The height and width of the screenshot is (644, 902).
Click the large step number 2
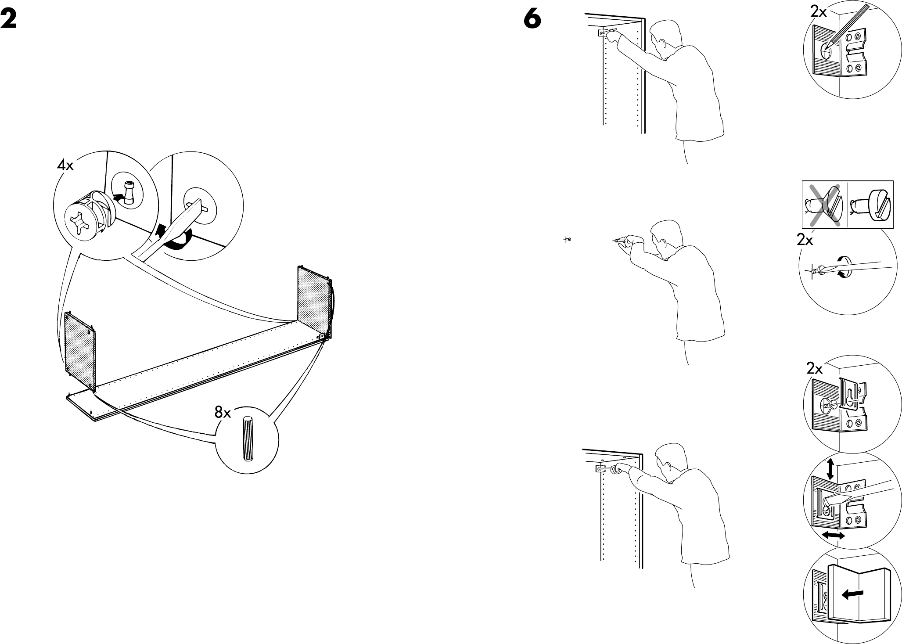(9, 20)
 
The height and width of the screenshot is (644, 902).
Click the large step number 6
(532, 20)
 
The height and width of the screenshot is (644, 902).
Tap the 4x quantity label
(65, 165)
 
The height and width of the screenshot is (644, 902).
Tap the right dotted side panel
(314, 303)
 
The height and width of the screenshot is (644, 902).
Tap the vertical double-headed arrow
(830, 470)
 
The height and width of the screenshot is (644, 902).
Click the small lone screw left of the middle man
(568, 240)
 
